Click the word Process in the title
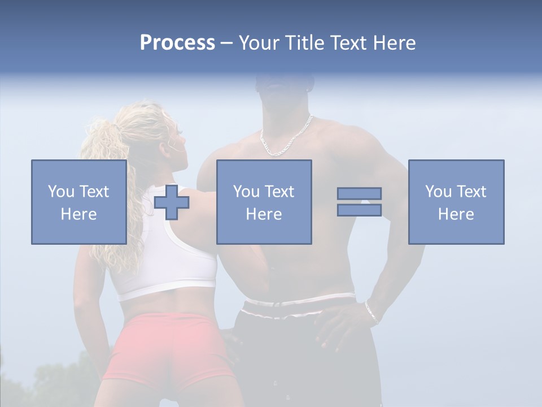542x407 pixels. (x=177, y=43)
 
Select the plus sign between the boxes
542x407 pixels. (x=172, y=202)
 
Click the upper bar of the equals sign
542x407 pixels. (x=359, y=193)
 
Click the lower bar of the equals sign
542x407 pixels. (x=359, y=210)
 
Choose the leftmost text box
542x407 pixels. (x=78, y=202)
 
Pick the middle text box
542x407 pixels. (x=264, y=202)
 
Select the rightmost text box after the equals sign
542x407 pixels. (x=456, y=202)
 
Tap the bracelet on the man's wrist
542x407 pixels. (x=372, y=312)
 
